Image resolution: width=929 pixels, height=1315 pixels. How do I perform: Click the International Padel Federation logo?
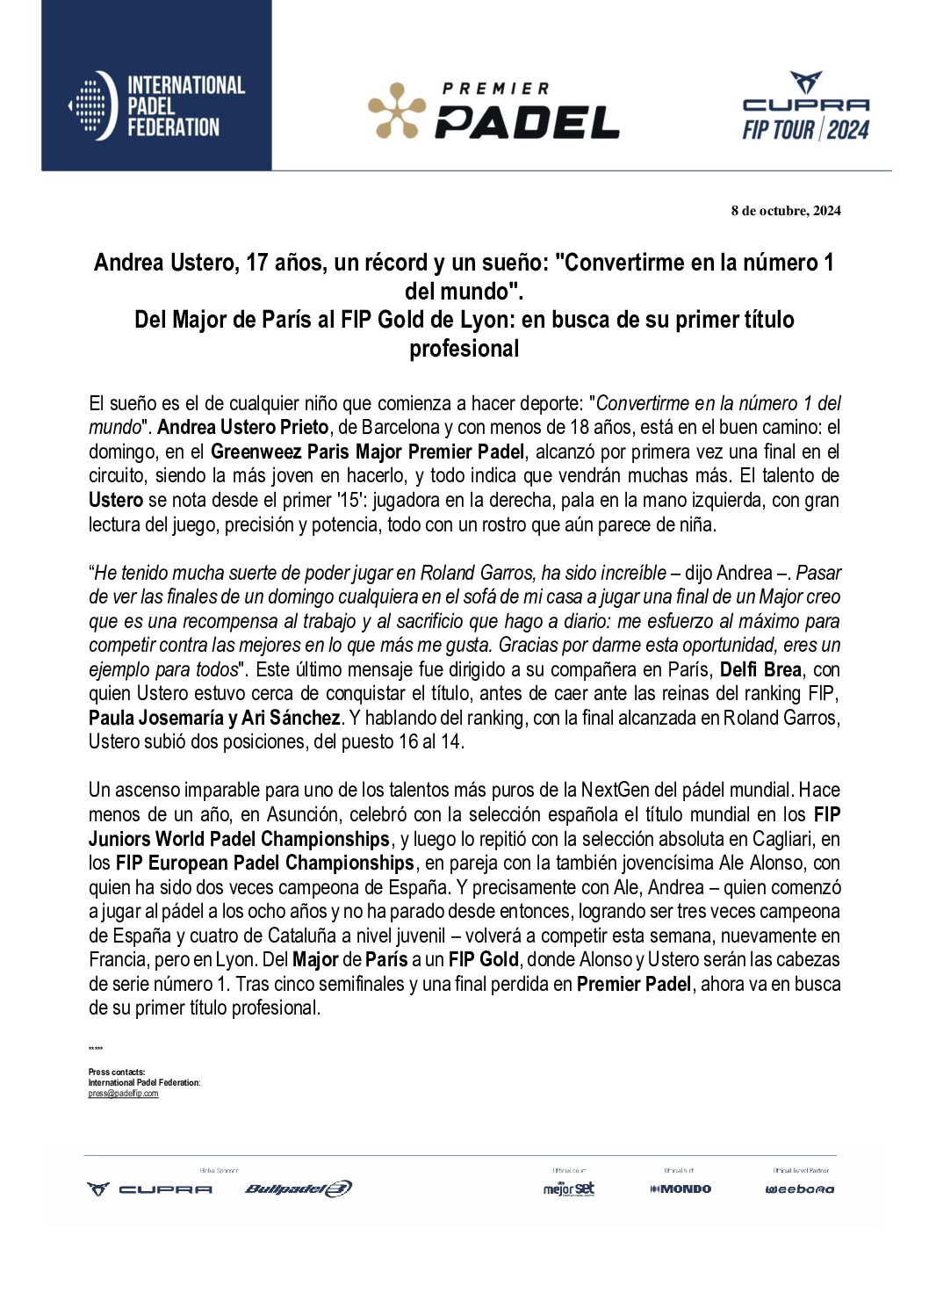[x=156, y=106]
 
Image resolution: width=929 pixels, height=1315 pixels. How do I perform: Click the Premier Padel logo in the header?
[x=493, y=112]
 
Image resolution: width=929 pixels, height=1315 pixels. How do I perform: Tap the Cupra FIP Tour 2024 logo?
[x=805, y=107]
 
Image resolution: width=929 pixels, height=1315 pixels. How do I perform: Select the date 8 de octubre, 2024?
[x=785, y=211]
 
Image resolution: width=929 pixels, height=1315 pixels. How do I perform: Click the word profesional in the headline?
[x=464, y=349]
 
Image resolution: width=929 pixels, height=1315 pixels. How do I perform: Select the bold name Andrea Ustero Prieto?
[x=243, y=428]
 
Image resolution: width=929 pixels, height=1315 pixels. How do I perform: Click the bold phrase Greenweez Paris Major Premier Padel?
[x=367, y=452]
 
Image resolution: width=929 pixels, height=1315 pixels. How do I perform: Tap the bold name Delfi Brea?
[x=760, y=669]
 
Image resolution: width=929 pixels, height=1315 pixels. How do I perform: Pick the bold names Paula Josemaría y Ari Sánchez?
[x=214, y=718]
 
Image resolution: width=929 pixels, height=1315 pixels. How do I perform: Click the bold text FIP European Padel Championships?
[x=264, y=863]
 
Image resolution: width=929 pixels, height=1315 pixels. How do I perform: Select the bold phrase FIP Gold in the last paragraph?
[x=483, y=959]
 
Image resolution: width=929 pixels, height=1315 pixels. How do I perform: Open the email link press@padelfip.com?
[x=123, y=1094]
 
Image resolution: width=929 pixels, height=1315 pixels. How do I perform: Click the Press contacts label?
[x=117, y=1072]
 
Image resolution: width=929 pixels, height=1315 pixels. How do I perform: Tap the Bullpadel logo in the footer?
[x=299, y=1189]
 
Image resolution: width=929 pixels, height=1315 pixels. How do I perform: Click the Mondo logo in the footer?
[x=681, y=1189]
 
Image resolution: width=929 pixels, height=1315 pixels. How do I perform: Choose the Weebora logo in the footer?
[x=800, y=1189]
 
